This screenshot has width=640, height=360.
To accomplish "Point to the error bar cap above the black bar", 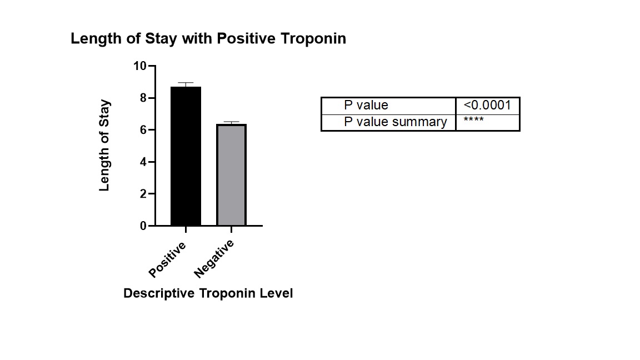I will pyautogui.click(x=186, y=83).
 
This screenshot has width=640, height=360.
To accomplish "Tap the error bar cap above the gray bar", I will pyautogui.click(x=231, y=122).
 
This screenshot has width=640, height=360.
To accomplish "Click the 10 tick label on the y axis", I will pyautogui.click(x=139, y=66).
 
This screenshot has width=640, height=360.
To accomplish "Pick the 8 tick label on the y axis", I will pyautogui.click(x=143, y=98).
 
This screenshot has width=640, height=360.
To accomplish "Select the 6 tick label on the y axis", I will pyautogui.click(x=143, y=130).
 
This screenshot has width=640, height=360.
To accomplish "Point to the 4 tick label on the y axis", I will pyautogui.click(x=143, y=162).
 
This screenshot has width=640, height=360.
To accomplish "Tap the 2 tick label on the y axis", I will pyautogui.click(x=143, y=194).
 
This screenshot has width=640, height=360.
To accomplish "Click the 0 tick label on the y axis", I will pyautogui.click(x=143, y=226).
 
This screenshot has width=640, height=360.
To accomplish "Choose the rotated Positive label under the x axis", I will pyautogui.click(x=167, y=259).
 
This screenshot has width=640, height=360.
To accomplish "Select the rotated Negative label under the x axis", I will pyautogui.click(x=214, y=259).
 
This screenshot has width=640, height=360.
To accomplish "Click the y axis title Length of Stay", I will pyautogui.click(x=104, y=146).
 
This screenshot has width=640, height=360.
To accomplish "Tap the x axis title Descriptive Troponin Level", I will pyautogui.click(x=208, y=293).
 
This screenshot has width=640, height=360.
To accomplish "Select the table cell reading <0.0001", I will pyautogui.click(x=487, y=106).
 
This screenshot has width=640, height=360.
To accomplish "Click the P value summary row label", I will pyautogui.click(x=395, y=122).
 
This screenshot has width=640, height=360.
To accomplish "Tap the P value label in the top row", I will pyautogui.click(x=366, y=106).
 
